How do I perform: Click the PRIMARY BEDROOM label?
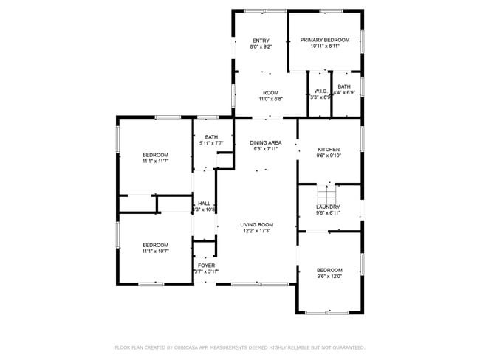pos(325,40)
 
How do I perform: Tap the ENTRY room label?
pos(261,41)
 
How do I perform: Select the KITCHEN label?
pos(328,149)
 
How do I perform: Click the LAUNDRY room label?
pos(329,207)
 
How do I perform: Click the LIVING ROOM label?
pos(256,225)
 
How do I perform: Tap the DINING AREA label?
pos(265,142)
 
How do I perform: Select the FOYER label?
pos(206,265)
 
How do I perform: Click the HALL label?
pos(204,204)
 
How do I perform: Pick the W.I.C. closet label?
pos(320,91)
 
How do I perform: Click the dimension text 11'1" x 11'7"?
pos(156,161)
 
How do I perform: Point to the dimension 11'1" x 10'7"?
pos(156,252)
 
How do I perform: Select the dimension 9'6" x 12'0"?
pos(329,277)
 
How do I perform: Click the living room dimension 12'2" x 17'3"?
pos(256,232)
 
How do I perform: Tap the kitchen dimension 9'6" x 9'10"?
pos(328,156)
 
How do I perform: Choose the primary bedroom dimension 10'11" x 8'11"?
pos(325,46)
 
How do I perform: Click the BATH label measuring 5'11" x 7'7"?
pos(211,136)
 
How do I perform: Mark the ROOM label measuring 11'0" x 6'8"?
pos(270,93)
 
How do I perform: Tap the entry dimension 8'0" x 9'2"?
pos(261,47)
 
